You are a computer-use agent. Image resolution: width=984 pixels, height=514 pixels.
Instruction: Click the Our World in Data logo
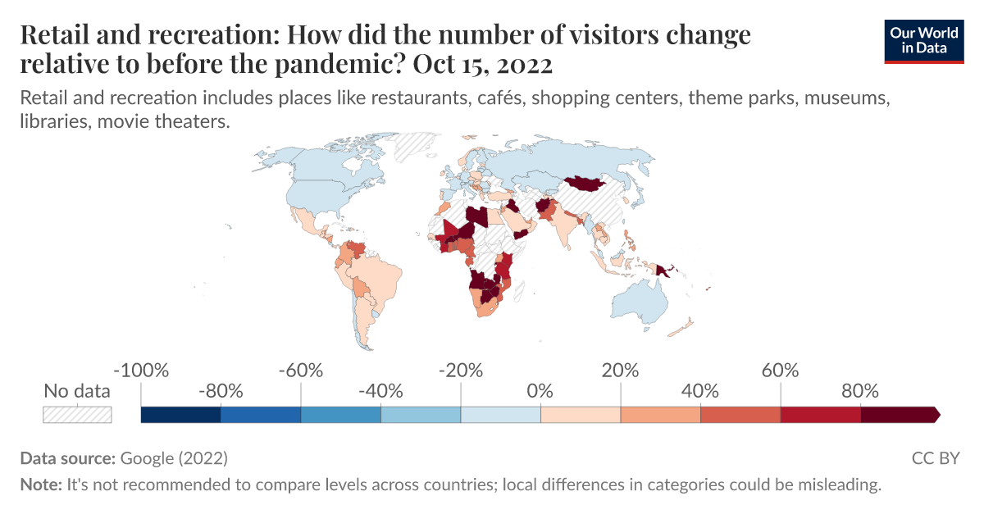(924, 39)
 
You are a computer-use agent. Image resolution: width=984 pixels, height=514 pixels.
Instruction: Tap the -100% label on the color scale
(141, 370)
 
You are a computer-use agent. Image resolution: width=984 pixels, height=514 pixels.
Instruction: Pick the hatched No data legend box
(77, 414)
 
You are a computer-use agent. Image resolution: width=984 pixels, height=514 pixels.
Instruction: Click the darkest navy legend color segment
(180, 415)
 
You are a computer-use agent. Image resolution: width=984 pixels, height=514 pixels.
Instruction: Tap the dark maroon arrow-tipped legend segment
(899, 415)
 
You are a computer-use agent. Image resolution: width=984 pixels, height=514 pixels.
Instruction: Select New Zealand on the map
(683, 330)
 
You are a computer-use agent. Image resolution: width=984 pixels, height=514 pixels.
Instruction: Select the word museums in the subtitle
(846, 98)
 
